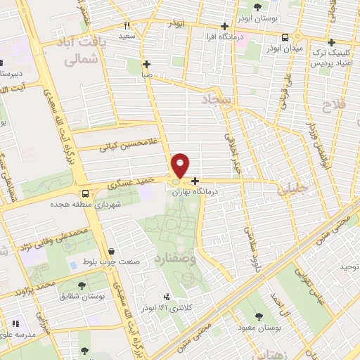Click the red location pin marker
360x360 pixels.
181,165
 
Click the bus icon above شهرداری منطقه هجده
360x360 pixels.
85,193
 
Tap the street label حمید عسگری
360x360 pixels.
130,182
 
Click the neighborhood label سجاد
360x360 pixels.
219,102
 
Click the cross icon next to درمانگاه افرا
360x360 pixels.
223,26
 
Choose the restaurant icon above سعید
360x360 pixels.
127,25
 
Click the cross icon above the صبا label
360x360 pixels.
145,63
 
